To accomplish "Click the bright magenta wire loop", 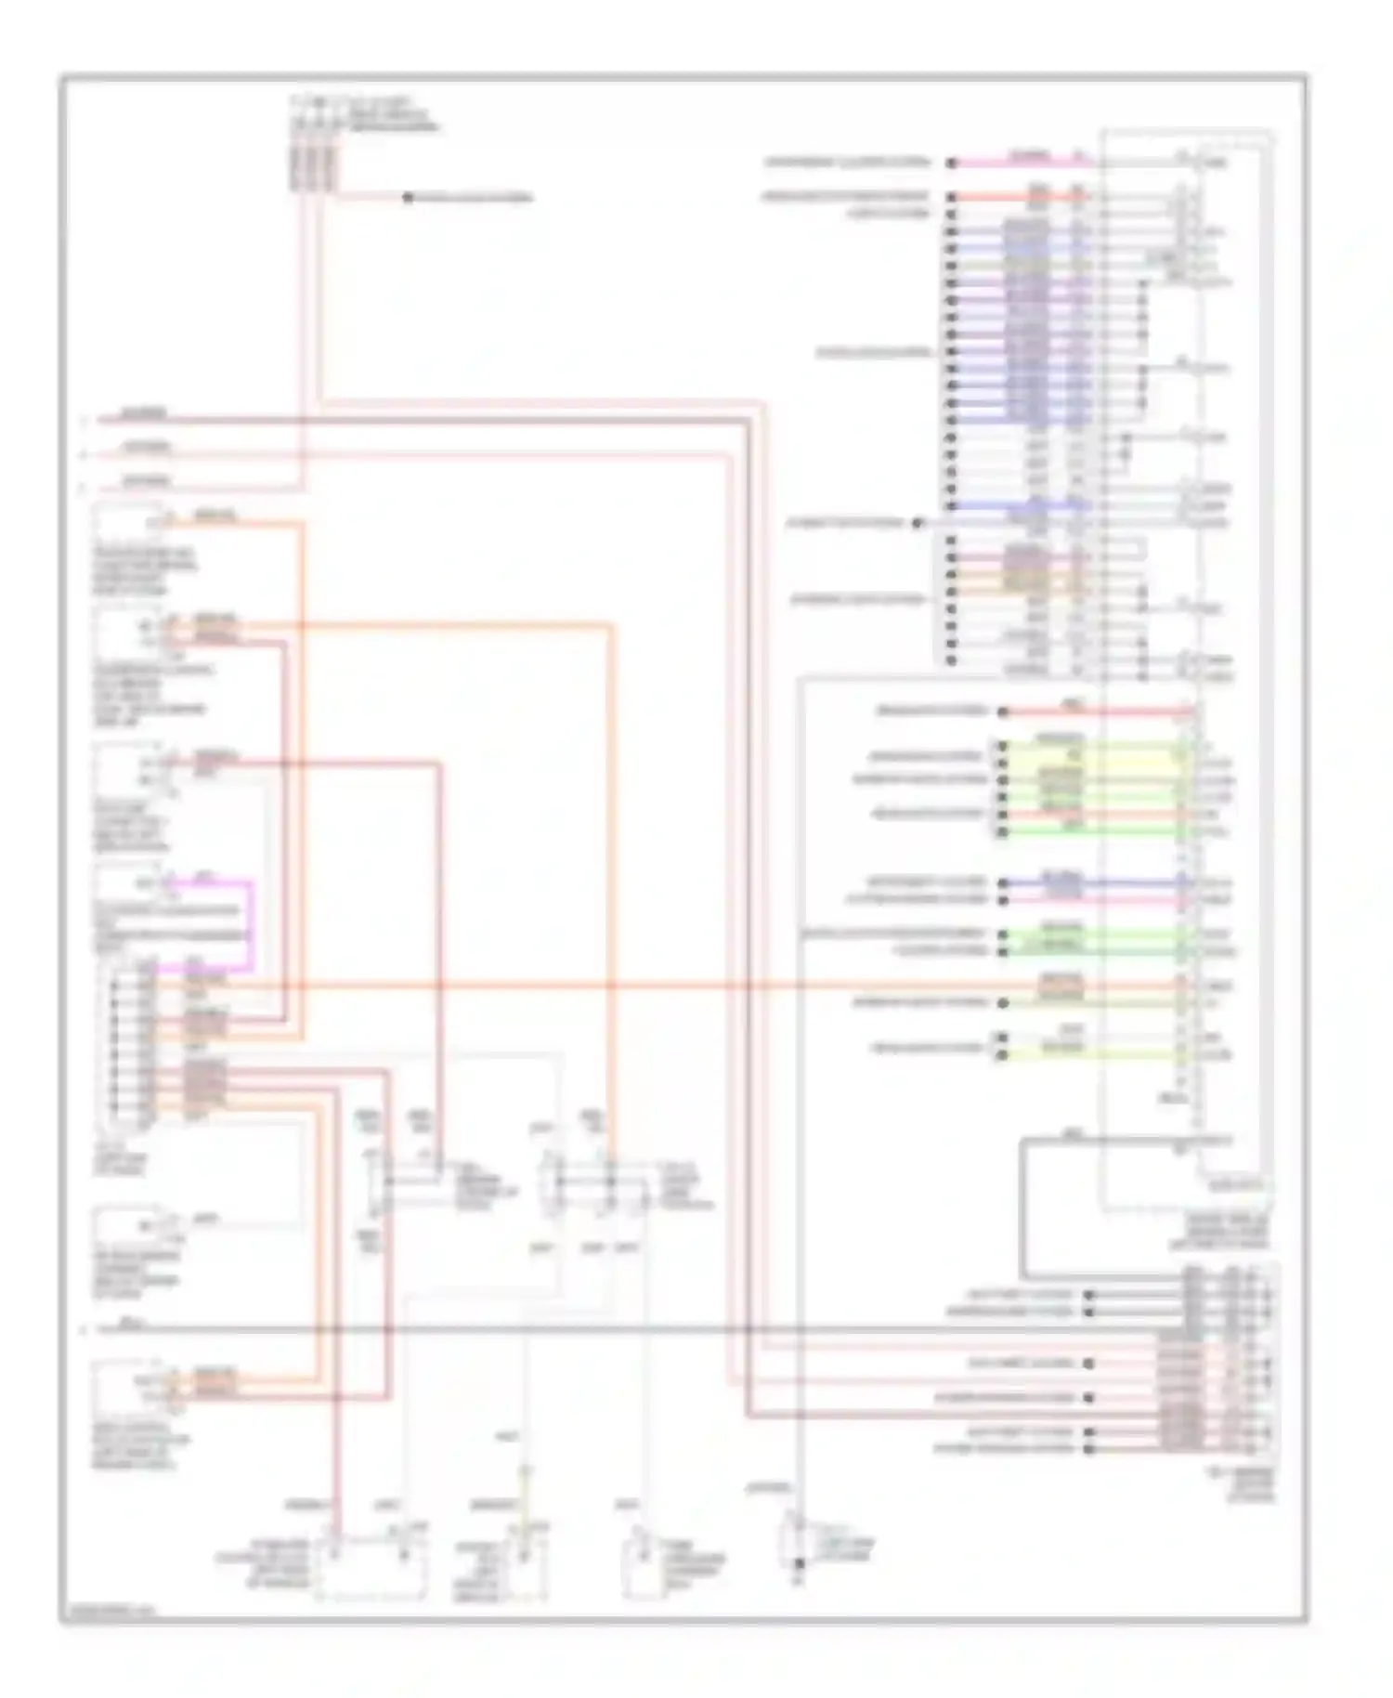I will [252, 924].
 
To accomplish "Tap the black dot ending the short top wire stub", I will [407, 198].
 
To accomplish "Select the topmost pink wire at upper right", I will [1022, 163].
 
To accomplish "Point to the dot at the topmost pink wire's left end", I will [952, 163].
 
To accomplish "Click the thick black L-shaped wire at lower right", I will [1022, 1208].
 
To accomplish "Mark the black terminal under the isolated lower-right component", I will [799, 1563].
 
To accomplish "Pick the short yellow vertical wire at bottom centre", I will [525, 1496].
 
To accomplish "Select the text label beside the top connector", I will [390, 111].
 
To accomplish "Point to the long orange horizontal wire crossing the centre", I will [650, 986].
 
